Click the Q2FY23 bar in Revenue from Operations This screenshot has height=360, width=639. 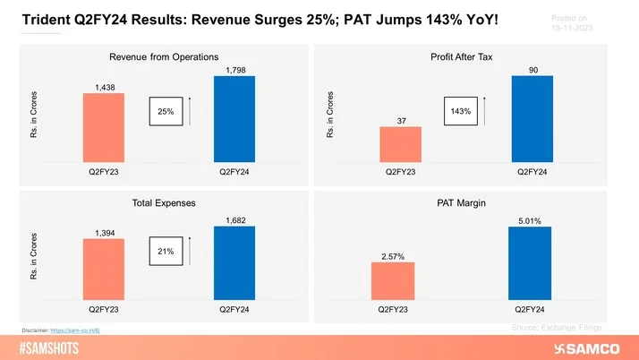[104, 126]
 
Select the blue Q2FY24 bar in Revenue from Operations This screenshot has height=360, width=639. [234, 117]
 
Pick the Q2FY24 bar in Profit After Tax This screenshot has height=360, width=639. [532, 117]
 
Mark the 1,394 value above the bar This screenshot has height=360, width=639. [104, 233]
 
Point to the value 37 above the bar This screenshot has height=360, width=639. [401, 120]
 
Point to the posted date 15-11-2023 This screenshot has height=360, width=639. [570, 27]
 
